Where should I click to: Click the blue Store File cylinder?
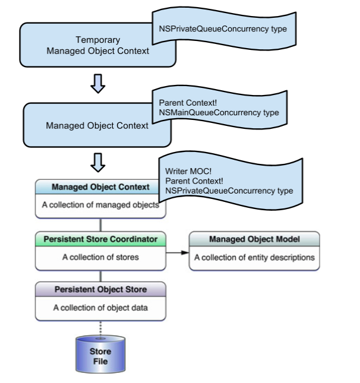coord(100,355)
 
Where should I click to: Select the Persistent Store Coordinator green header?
coord(100,239)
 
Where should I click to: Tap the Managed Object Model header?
coord(254,239)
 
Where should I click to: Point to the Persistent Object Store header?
coord(100,290)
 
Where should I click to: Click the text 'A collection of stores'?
coord(100,258)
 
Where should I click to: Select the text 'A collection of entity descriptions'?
coord(254,258)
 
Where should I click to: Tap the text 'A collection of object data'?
coord(100,308)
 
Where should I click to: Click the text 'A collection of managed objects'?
coord(100,205)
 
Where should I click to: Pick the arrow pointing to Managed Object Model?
coord(177,252)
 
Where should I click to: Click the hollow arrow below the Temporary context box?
coord(98,85)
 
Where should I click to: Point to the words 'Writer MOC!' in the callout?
coord(185,170)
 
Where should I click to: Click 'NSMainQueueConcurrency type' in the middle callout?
coord(219,112)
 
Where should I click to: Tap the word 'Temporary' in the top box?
coord(98,40)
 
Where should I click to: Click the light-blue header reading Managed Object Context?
coord(100,187)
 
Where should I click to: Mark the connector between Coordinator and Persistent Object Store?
coord(100,276)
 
